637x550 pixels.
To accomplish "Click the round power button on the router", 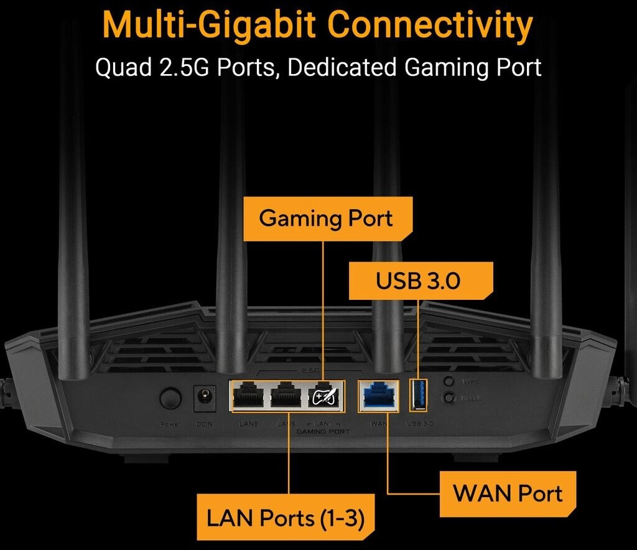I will click(170, 398).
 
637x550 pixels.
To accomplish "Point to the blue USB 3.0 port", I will click(418, 395).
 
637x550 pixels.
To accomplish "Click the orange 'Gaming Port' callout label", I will click(326, 218).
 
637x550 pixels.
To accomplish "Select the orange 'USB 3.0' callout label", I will click(418, 281).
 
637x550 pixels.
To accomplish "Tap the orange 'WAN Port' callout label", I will click(507, 494).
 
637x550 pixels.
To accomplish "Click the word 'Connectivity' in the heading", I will click(430, 25).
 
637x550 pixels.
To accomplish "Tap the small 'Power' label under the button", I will click(169, 425).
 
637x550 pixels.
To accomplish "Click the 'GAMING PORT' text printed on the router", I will click(323, 431).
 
